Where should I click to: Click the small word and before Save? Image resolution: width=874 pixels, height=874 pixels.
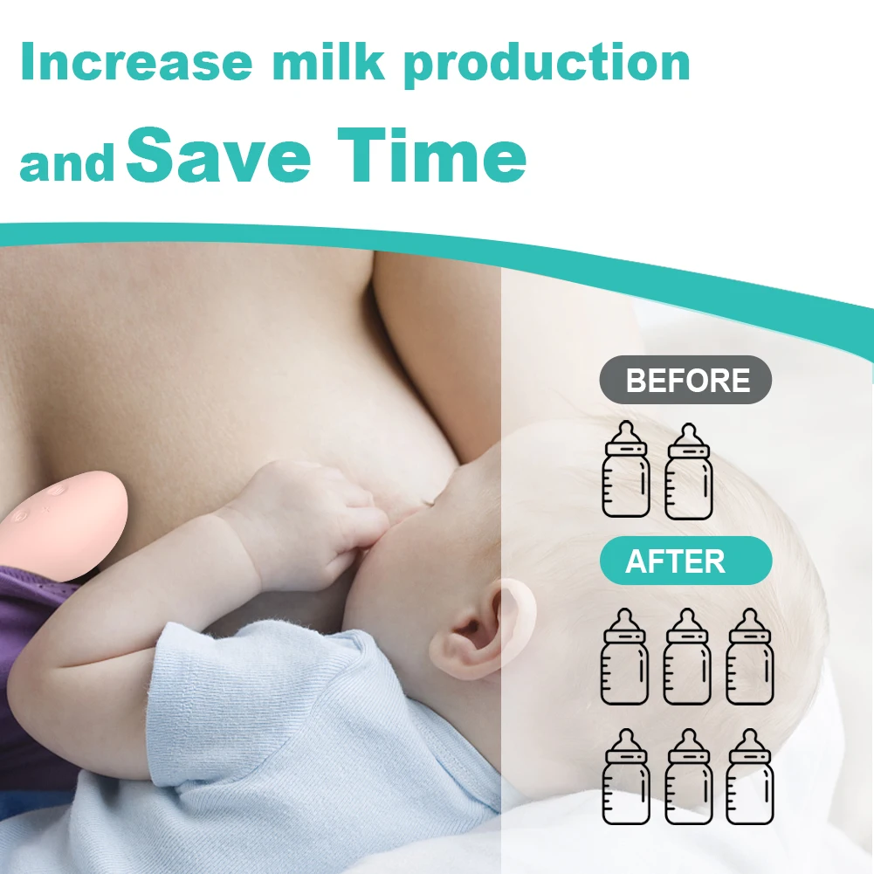[68, 163]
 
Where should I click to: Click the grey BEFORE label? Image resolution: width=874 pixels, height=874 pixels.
[686, 381]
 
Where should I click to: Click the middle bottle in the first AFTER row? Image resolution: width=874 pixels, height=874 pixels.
[688, 656]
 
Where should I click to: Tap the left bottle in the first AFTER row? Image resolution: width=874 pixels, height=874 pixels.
[625, 656]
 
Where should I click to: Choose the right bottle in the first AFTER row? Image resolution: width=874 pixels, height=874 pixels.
[750, 656]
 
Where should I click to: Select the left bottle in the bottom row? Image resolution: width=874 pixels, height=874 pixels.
[626, 776]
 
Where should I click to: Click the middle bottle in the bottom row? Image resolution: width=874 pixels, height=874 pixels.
[688, 776]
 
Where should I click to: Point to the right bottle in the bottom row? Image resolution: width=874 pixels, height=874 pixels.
[750, 776]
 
